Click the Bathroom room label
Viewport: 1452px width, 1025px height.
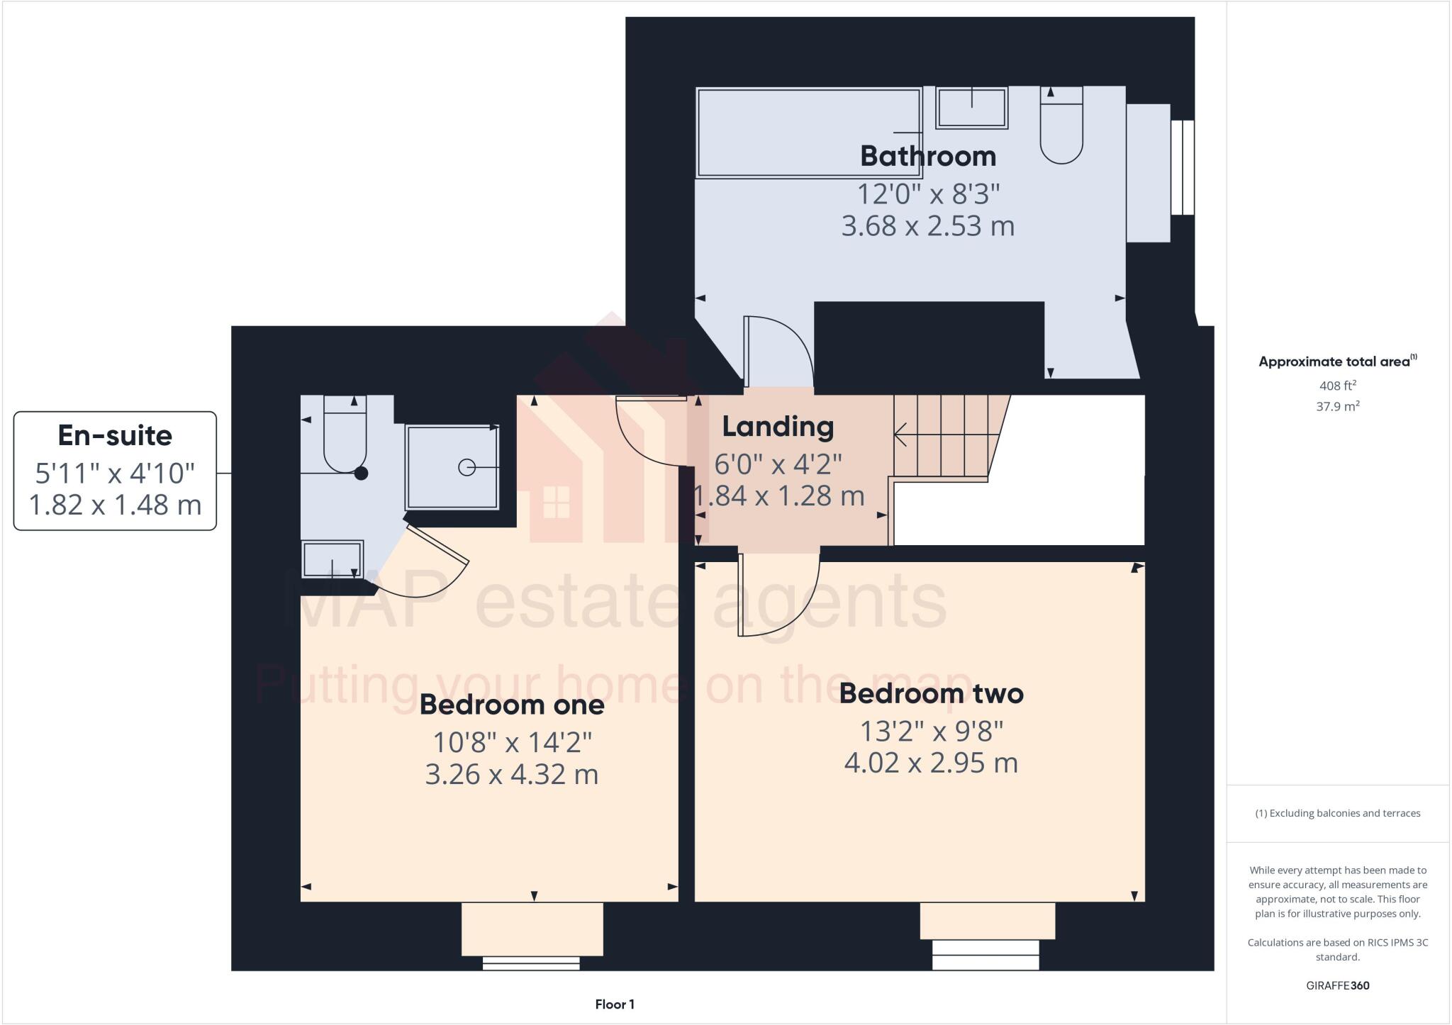point(927,156)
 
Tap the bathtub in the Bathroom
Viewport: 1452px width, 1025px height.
point(808,133)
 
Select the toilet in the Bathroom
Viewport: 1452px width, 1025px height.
point(1061,128)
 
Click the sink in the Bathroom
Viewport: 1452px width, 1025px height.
point(971,108)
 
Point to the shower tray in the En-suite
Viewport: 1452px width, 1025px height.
point(452,467)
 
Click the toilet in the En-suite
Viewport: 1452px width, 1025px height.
point(345,434)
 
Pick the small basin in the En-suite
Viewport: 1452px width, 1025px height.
point(332,559)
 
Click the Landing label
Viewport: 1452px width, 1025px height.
point(778,427)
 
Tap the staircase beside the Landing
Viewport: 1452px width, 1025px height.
point(943,436)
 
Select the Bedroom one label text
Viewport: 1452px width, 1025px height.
point(512,705)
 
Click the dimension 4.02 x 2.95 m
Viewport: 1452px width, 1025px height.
point(931,763)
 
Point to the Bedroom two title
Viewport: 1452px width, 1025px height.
point(931,693)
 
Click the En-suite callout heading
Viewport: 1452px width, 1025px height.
point(115,435)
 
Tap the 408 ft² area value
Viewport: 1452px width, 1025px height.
point(1337,386)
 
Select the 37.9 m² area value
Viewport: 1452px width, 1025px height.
point(1337,406)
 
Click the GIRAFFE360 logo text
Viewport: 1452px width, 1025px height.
point(1337,985)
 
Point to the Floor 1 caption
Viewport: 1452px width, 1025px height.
point(615,1004)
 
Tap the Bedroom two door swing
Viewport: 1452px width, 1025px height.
point(780,595)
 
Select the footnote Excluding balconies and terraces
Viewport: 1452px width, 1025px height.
point(1337,813)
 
